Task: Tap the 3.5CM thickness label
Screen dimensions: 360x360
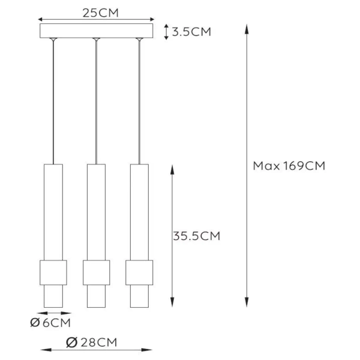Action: coord(191,32)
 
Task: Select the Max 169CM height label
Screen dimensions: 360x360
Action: coord(289,166)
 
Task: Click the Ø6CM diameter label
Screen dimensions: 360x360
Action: coord(50,323)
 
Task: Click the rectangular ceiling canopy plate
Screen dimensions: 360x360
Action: coord(96,31)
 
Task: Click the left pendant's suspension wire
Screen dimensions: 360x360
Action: coord(53,102)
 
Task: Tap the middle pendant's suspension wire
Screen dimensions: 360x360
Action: coord(96,102)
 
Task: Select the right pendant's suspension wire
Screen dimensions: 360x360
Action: coord(139,102)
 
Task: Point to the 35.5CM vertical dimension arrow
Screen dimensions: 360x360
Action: coord(173,198)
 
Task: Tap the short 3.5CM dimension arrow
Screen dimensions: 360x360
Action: coord(166,32)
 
